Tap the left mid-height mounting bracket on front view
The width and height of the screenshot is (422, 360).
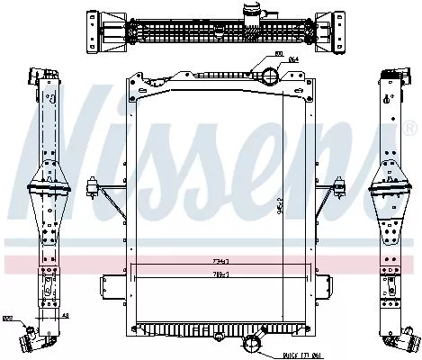click(93, 188)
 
